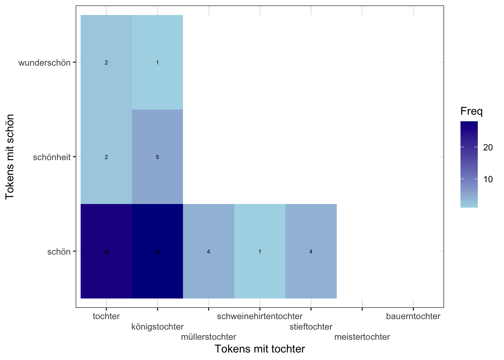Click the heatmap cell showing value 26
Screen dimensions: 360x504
click(x=106, y=251)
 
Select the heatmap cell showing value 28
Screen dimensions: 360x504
click(x=157, y=251)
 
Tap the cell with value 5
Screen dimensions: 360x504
click(x=157, y=157)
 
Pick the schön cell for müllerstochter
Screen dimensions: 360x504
click(x=208, y=251)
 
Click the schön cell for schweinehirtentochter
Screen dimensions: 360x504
click(x=260, y=251)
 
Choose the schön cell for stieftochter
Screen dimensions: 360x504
click(x=311, y=251)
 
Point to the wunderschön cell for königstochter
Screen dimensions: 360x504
click(x=157, y=62)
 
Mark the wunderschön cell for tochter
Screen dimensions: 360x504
click(x=106, y=62)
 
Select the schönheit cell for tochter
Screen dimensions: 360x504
click(x=106, y=157)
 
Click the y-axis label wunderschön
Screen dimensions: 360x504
click(x=44, y=63)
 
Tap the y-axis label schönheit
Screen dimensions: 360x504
click(x=52, y=157)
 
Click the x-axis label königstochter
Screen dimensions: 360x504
click(x=157, y=327)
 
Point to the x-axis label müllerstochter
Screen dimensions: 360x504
click(x=208, y=337)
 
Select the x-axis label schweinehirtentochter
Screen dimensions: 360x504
click(x=260, y=316)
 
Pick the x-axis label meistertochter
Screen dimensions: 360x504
click(x=362, y=337)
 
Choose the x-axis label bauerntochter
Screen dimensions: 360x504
click(x=413, y=316)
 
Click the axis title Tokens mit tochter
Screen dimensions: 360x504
click(x=260, y=349)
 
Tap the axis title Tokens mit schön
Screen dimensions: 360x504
click(x=10, y=157)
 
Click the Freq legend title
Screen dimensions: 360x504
click(x=471, y=111)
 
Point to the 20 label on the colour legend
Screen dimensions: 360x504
click(x=488, y=147)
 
